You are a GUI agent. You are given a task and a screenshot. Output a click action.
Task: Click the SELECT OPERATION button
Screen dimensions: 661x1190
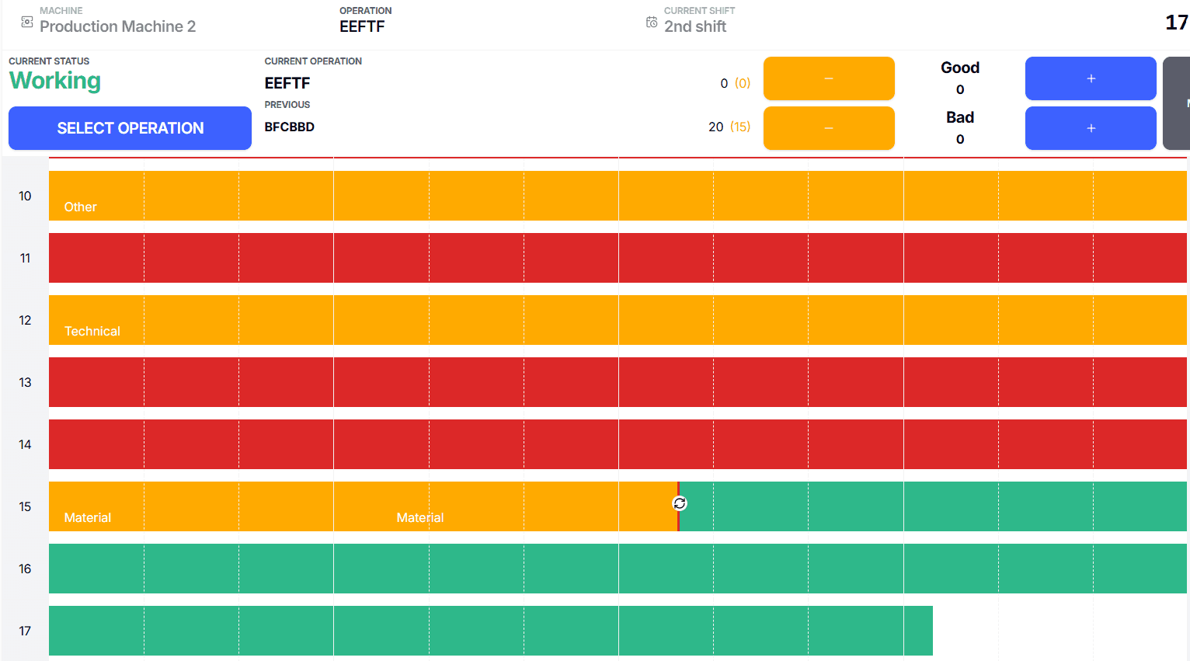tap(130, 128)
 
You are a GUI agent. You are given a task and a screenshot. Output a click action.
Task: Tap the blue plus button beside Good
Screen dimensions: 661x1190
tap(1090, 78)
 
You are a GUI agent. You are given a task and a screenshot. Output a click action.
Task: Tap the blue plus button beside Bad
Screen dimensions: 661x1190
tap(1090, 128)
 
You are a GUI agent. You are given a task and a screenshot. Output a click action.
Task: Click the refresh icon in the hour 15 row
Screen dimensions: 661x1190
tap(680, 503)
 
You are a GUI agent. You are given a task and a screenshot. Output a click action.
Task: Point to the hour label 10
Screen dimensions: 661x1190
tap(25, 196)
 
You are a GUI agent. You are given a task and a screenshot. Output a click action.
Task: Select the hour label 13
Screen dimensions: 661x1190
tap(25, 382)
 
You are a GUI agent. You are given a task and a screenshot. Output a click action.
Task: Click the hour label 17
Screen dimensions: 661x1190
tap(25, 631)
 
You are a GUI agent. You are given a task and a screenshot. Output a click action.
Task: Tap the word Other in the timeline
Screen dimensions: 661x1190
tap(80, 207)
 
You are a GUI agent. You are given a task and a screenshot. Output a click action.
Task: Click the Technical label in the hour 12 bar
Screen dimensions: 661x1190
tap(92, 331)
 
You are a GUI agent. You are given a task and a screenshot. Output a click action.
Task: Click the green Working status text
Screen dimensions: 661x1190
tap(54, 81)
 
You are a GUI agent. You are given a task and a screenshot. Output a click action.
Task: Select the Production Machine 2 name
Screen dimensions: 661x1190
tap(117, 26)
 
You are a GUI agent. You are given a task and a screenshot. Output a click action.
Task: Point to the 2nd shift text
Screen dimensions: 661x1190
tap(695, 26)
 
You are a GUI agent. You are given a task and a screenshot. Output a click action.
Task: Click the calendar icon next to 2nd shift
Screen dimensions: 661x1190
tap(652, 23)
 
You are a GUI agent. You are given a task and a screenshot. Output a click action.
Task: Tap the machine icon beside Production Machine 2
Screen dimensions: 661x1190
tap(27, 23)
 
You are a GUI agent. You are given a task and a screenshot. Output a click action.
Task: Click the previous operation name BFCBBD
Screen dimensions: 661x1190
tap(289, 127)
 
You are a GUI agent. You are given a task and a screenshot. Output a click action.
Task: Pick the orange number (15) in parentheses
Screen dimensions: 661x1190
tap(740, 127)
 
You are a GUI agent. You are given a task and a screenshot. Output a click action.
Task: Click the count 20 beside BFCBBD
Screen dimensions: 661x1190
tap(715, 127)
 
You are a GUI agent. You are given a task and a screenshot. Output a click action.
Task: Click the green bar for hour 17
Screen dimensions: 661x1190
tap(489, 631)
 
